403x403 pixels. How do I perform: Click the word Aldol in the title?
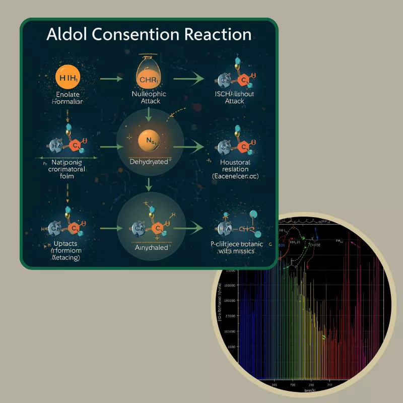68,34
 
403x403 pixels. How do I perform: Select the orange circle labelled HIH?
69,79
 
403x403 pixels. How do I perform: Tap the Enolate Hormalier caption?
69,98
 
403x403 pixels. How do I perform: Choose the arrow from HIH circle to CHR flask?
111,79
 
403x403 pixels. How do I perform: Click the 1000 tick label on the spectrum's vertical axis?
231,347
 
